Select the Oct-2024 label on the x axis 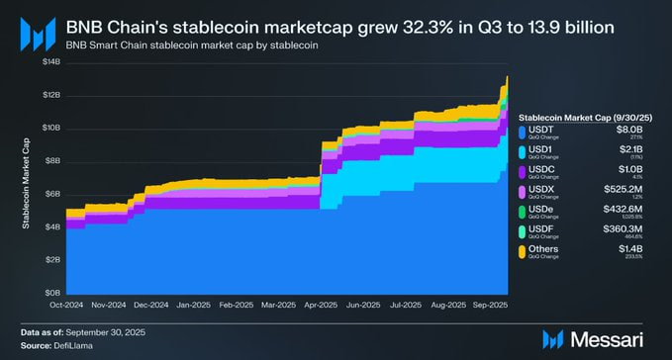pos(65,305)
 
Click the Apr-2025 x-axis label pos(322,305)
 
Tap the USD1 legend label pos(544,149)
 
